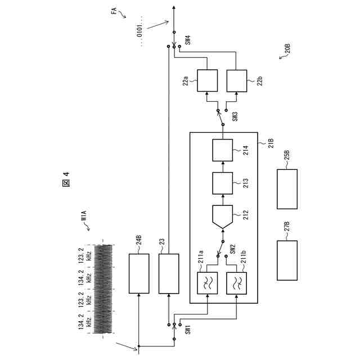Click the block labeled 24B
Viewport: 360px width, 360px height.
139,273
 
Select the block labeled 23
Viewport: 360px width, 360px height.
169,273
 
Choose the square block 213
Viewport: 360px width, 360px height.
223,183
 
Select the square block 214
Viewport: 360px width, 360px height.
223,150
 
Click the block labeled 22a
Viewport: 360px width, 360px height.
208,81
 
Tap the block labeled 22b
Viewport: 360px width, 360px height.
237,81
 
